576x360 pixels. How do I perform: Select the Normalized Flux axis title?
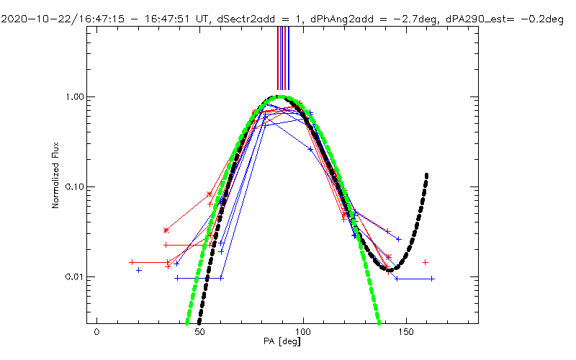pyautogui.click(x=55, y=176)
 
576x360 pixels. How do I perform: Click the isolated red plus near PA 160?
pyautogui.click(x=426, y=262)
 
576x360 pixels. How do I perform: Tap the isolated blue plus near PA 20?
pyautogui.click(x=139, y=270)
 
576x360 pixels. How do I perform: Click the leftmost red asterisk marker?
pyautogui.click(x=166, y=230)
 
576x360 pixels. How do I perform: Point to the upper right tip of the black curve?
pyautogui.click(x=427, y=175)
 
